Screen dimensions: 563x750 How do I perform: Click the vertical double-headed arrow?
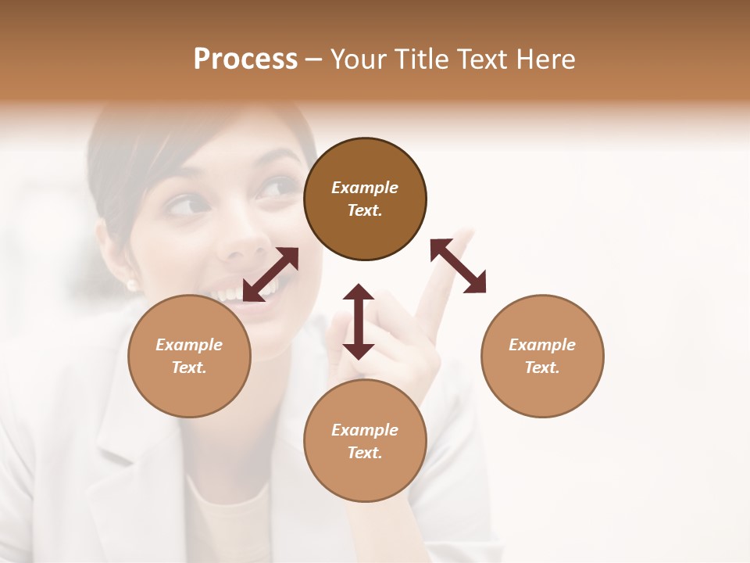(359, 321)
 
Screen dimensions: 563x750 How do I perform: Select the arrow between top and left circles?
(270, 274)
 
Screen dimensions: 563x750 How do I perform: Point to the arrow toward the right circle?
(459, 266)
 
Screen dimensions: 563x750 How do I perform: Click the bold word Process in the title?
(245, 59)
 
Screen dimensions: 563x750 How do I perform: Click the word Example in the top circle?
(365, 188)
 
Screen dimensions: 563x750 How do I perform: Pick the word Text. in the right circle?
(542, 367)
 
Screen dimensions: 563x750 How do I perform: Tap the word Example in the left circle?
(189, 344)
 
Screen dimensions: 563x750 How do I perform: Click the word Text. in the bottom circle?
(365, 452)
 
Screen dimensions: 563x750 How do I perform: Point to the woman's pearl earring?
(132, 285)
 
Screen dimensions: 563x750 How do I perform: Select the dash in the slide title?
(314, 59)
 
